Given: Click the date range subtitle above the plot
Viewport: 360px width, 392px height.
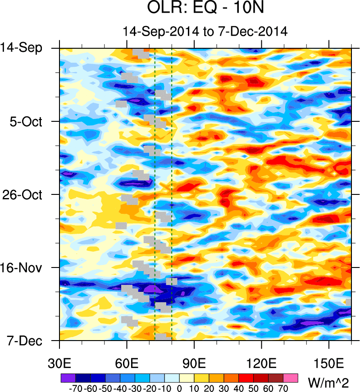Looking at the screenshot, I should (x=205, y=31).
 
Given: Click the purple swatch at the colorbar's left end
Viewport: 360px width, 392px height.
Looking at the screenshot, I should (x=68, y=377).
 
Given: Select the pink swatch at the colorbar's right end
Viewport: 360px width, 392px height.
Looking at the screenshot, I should (x=291, y=377).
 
